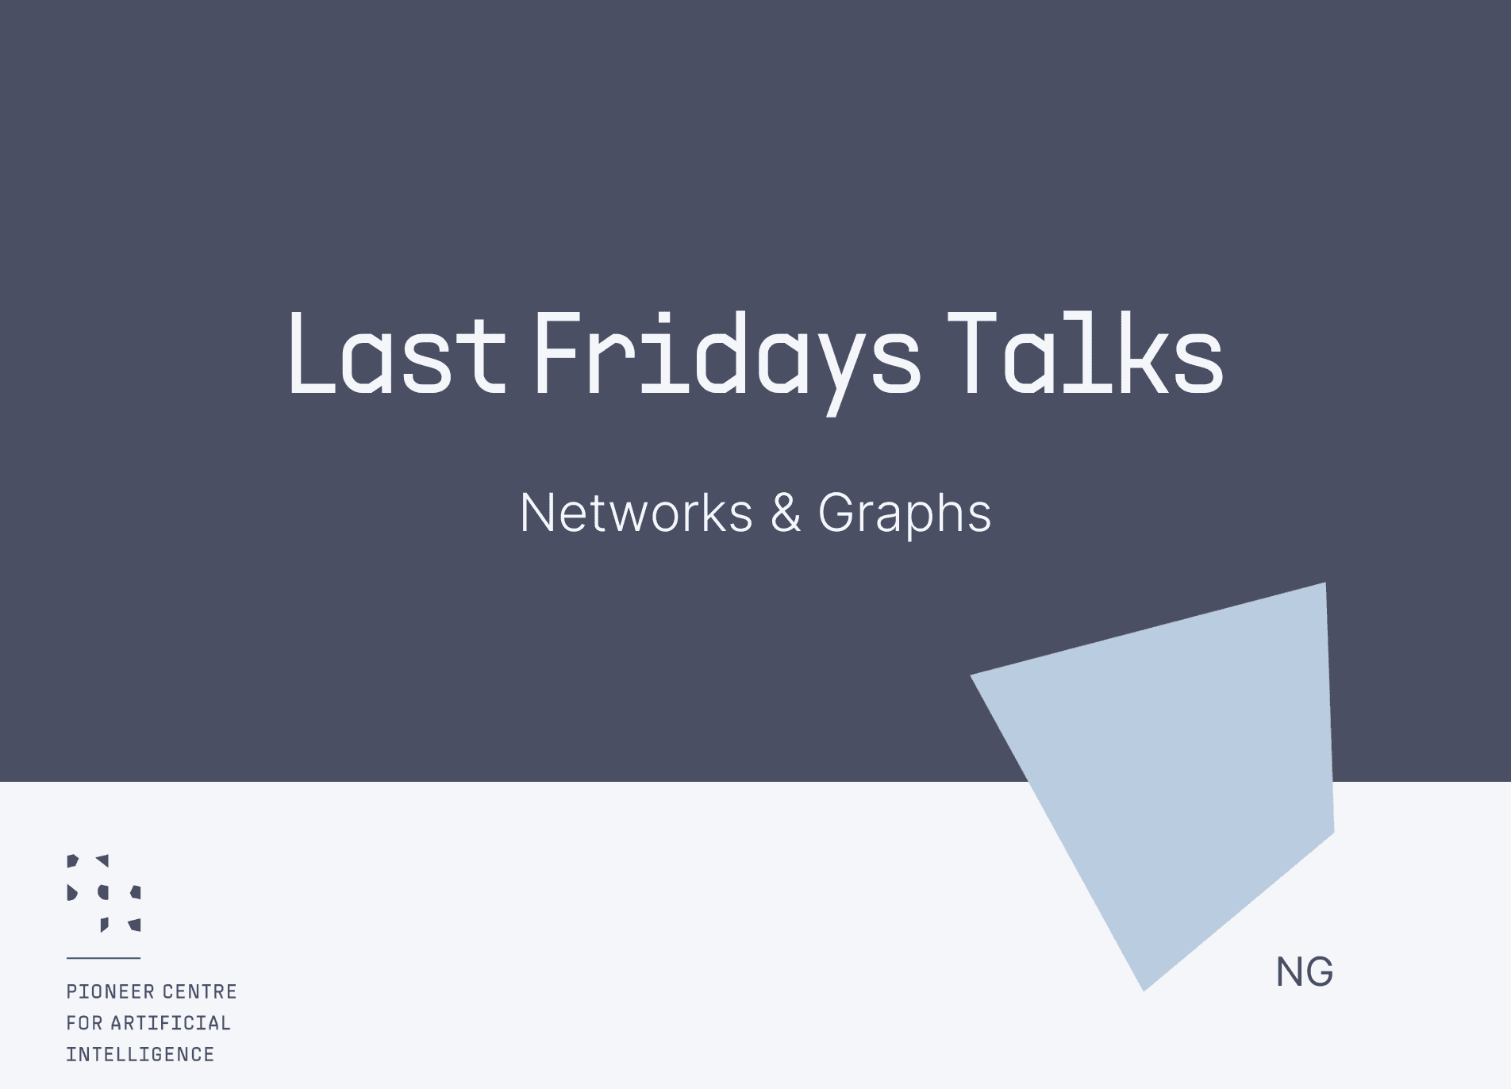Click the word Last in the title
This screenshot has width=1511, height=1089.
click(x=398, y=352)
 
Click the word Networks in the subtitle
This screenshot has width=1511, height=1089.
click(x=636, y=513)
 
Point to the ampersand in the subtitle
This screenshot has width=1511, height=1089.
click(x=786, y=513)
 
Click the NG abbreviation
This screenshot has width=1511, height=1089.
click(x=1305, y=972)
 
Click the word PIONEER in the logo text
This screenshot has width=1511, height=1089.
click(x=110, y=991)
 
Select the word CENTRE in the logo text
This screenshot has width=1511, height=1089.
click(x=200, y=991)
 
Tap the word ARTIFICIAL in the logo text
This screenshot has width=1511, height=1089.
click(x=171, y=1023)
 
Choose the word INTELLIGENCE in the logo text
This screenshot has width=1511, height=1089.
click(x=140, y=1055)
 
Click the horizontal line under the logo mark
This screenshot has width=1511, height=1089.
click(x=103, y=958)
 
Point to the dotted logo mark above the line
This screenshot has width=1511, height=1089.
click(x=104, y=893)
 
